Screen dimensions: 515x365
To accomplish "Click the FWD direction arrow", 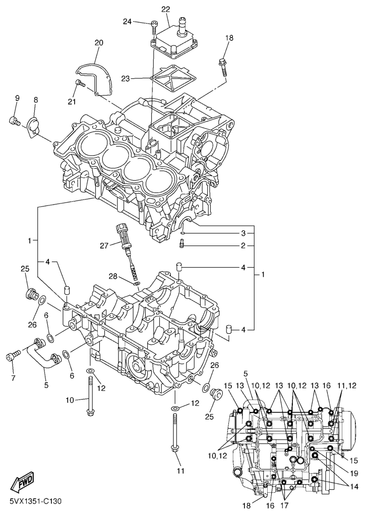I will tap(22, 485).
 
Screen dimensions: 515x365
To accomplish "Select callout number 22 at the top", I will tap(165, 9).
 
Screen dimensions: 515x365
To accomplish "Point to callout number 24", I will tap(127, 21).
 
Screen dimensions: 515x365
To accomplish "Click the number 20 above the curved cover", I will tap(98, 43).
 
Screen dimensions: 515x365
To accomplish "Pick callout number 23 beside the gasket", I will tap(126, 78).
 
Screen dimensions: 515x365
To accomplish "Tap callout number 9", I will tap(17, 98).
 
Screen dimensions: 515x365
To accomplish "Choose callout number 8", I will tap(35, 100).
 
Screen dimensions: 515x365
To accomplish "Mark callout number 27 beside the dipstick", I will tap(104, 246).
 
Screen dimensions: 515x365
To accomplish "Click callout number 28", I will tap(114, 275).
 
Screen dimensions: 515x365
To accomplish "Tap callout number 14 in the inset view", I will tap(353, 487).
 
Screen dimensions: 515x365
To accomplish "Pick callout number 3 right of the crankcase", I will tap(242, 233).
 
